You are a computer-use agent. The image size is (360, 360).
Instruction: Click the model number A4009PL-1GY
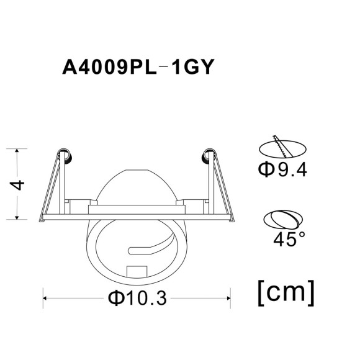(x=138, y=66)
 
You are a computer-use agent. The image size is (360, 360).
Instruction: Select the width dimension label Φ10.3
(x=138, y=299)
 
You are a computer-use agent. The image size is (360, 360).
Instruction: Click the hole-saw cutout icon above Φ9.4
(x=282, y=147)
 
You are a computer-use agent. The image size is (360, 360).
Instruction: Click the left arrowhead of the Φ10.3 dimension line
(x=45, y=299)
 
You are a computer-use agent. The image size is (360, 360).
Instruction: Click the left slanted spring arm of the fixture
(x=51, y=186)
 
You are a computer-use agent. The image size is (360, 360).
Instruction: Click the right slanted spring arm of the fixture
(x=223, y=186)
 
